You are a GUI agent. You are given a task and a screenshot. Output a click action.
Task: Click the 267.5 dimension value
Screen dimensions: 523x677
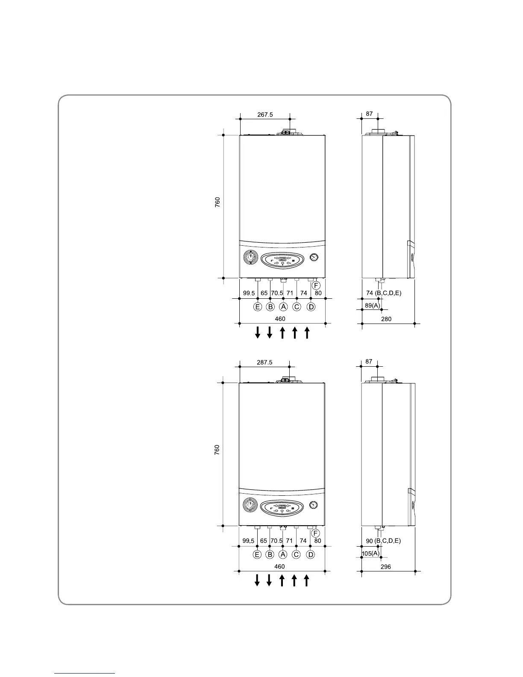click(x=265, y=115)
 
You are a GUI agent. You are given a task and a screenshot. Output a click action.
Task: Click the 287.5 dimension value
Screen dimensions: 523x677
click(x=264, y=362)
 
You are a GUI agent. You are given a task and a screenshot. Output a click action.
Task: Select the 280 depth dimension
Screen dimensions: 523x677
click(x=386, y=318)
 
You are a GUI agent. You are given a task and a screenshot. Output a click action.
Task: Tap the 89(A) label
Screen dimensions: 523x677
click(x=370, y=305)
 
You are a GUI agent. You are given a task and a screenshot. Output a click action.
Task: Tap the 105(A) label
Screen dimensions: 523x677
click(x=370, y=553)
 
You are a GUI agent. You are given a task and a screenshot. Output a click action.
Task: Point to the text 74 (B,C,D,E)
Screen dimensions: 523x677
click(x=384, y=293)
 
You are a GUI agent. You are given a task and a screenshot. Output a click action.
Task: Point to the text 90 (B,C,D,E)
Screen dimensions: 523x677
click(x=383, y=541)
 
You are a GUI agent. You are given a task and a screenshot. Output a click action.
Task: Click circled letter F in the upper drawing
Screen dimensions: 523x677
click(x=316, y=285)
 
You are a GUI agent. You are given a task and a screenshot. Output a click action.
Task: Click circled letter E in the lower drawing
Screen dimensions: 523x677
click(x=257, y=554)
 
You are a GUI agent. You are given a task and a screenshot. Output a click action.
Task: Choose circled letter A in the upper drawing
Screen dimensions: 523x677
click(x=283, y=307)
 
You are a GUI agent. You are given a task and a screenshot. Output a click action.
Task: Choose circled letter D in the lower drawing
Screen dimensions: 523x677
click(x=311, y=554)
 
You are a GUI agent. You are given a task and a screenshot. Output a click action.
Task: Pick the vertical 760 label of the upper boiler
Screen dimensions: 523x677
click(x=217, y=202)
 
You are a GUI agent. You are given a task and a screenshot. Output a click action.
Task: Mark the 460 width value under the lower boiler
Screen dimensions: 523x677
click(x=279, y=567)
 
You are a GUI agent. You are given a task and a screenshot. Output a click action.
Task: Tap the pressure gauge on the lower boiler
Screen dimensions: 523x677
click(x=314, y=504)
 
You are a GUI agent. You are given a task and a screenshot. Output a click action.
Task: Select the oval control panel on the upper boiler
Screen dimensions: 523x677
click(x=283, y=260)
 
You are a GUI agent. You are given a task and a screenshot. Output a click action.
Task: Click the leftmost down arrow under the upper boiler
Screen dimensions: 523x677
click(x=258, y=332)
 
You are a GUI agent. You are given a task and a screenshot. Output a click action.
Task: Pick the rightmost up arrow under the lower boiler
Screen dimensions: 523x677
click(x=306, y=580)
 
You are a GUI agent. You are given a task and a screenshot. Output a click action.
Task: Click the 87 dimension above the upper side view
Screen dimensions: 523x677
click(x=369, y=114)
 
